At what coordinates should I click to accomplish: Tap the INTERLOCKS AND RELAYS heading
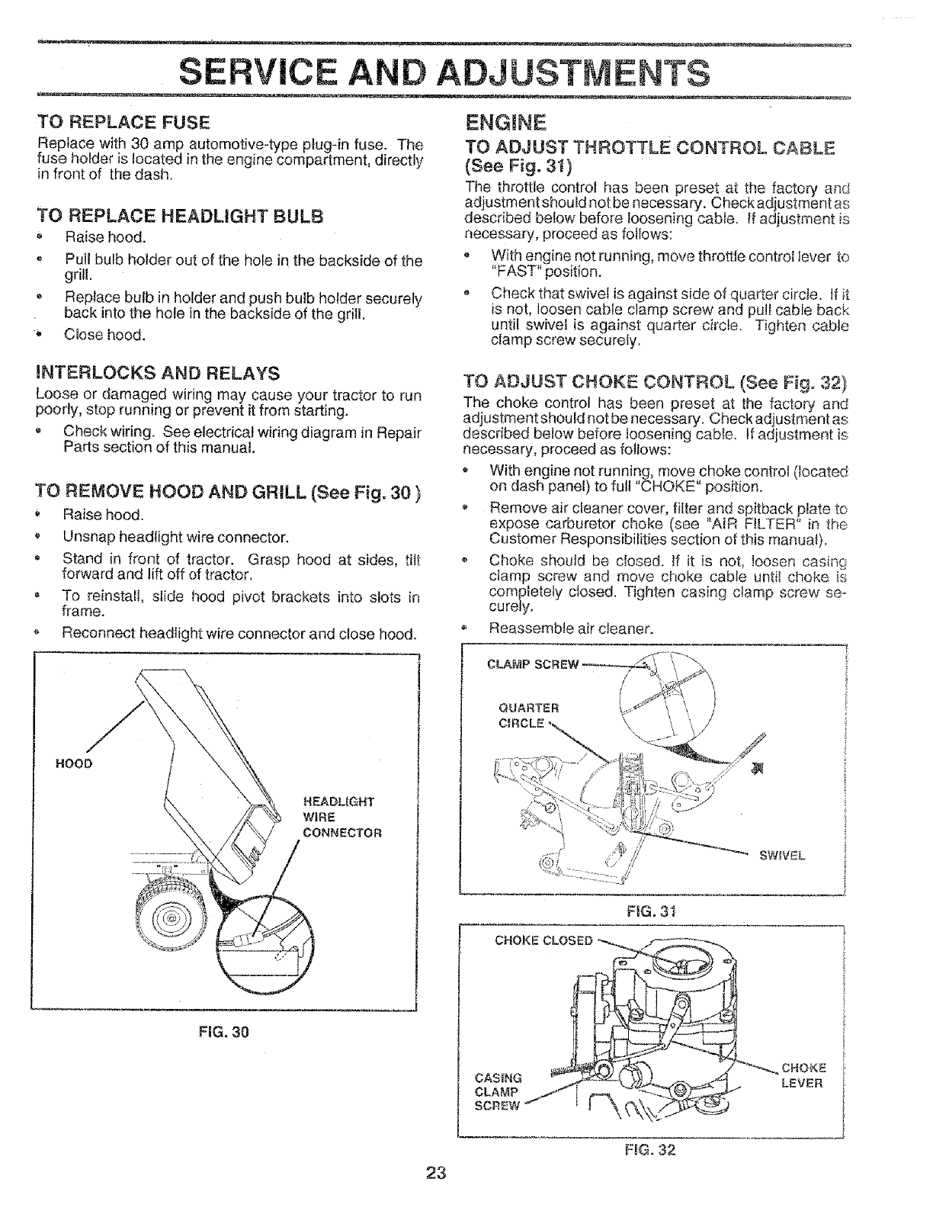pyautogui.click(x=157, y=374)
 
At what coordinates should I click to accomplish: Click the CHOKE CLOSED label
pyautogui.click(x=543, y=940)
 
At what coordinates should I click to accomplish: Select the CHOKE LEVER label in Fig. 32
pyautogui.click(x=803, y=1075)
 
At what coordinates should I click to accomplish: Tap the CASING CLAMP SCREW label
pyautogui.click(x=497, y=1091)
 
